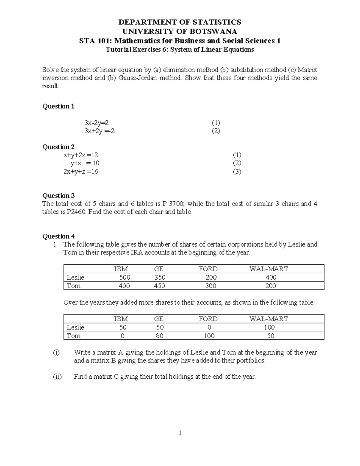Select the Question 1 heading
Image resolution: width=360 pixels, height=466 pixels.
58,106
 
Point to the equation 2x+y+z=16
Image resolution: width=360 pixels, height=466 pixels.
81,172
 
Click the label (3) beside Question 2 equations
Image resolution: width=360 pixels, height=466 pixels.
237,172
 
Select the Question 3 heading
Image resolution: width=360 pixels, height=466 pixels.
58,196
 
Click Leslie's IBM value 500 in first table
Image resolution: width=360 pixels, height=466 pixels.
125,278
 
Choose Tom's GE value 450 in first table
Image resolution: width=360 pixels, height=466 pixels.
159,286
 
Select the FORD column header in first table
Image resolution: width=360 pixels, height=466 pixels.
208,269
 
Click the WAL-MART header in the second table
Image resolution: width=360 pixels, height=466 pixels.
268,319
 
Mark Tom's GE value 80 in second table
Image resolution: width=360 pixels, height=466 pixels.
160,336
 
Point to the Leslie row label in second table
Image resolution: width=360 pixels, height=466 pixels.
75,327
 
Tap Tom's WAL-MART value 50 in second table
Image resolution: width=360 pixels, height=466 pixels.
271,336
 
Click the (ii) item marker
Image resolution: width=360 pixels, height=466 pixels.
57,377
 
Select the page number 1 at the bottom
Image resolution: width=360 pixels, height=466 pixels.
180,433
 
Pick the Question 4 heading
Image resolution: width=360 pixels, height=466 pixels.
58,236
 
